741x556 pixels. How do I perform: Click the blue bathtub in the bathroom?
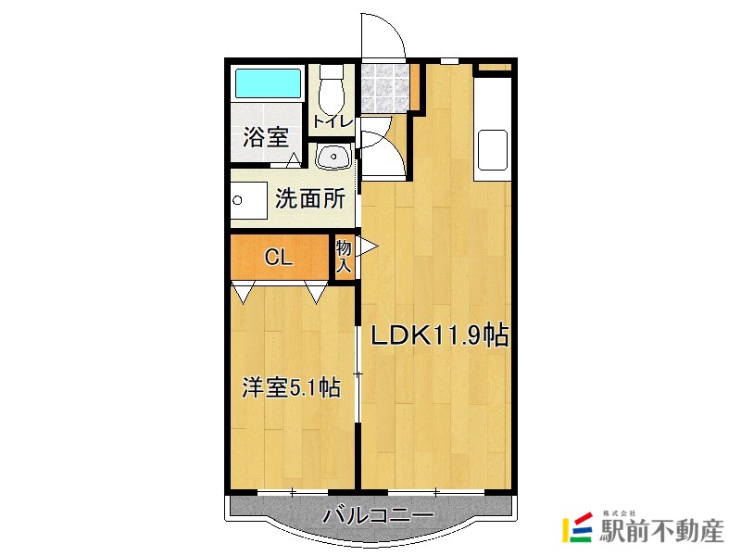[268, 84]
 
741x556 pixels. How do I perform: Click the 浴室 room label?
[265, 138]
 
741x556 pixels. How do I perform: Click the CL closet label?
[279, 258]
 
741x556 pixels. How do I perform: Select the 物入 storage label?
[344, 256]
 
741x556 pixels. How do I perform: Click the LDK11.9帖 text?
[439, 335]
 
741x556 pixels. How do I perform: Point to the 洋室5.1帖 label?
[288, 387]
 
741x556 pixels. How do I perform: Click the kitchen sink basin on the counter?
[492, 148]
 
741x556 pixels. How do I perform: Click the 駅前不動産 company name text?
[661, 531]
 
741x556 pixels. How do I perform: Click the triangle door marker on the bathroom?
[293, 160]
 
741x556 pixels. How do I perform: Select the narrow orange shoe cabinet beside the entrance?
[416, 87]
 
